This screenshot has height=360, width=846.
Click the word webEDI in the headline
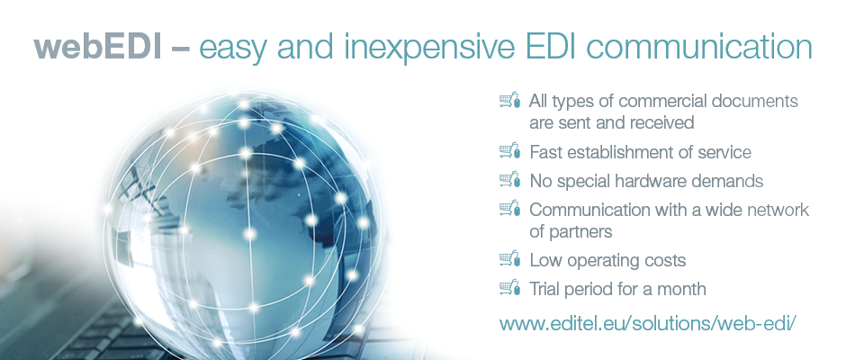point(98,47)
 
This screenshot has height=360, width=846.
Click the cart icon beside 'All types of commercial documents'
point(510,100)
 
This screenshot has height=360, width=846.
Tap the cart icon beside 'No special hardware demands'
point(510,179)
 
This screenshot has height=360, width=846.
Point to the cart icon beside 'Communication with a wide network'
point(510,208)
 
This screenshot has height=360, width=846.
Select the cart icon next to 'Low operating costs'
point(510,258)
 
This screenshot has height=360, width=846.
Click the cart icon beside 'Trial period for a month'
point(510,287)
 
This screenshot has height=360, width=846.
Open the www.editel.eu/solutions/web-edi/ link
point(647,324)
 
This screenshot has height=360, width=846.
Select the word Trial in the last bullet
point(544,289)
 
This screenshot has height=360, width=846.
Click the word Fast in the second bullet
point(544,152)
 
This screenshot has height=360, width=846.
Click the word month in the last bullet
point(681,289)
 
